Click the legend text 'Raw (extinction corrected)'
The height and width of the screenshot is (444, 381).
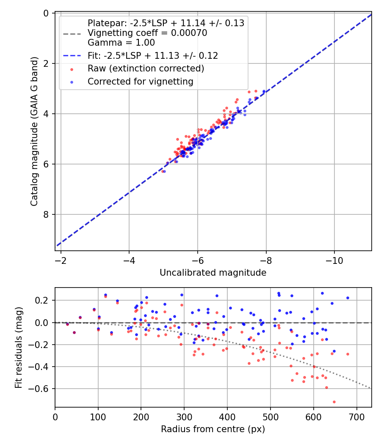click(146, 69)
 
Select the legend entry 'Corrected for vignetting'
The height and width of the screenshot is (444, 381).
click(140, 82)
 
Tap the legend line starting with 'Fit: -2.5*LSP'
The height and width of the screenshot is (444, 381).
click(152, 55)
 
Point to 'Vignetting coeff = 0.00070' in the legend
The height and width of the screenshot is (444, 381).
click(147, 33)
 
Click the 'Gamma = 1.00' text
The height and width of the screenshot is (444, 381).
click(121, 42)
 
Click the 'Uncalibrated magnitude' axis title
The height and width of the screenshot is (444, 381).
click(213, 273)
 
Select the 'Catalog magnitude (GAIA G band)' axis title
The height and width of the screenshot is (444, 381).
click(34, 132)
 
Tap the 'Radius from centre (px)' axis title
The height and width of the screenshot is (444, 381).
click(213, 429)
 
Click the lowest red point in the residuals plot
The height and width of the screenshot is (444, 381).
click(334, 402)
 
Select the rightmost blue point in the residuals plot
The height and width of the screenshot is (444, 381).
click(348, 298)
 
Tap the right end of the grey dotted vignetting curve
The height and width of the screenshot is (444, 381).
click(370, 388)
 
